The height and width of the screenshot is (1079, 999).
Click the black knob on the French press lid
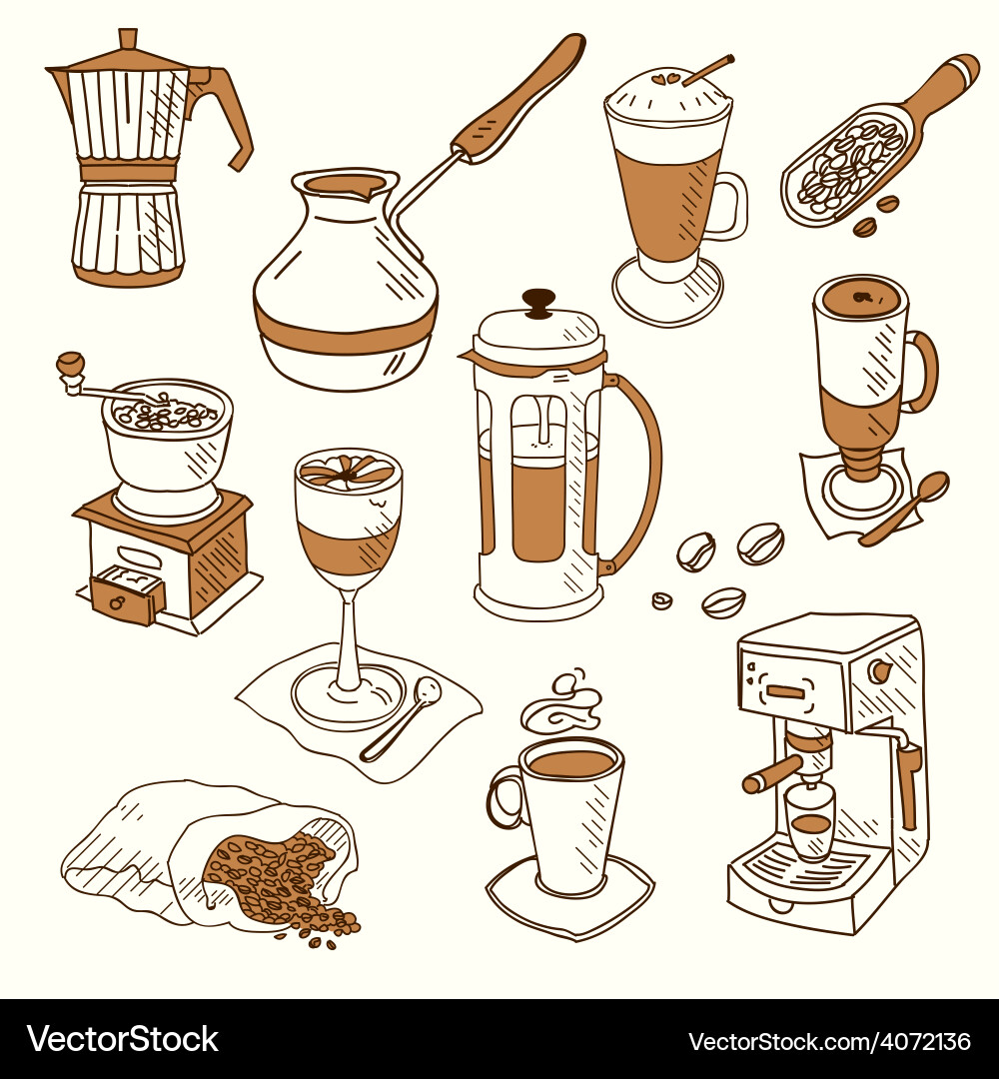538,300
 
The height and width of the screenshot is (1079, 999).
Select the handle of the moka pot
231,110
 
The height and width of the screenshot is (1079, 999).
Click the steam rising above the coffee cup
562,704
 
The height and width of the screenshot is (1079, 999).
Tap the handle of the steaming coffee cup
505,798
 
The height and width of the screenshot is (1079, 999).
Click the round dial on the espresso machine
880,670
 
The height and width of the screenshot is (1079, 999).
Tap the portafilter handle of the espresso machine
772,772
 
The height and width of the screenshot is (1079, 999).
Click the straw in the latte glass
708,69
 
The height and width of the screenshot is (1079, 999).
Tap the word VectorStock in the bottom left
123,1039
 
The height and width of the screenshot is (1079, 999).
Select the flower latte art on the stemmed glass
347,473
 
